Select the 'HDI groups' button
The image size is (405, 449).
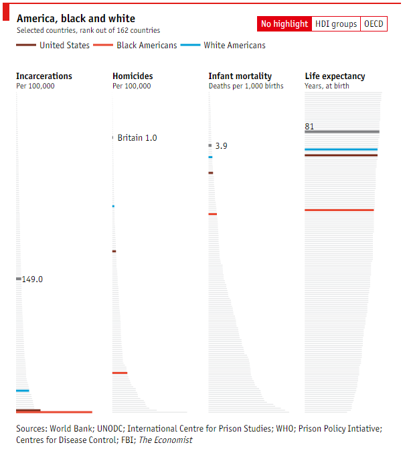(335, 24)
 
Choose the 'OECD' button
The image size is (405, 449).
(374, 24)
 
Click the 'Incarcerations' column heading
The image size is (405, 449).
(44, 76)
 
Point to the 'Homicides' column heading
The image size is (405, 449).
(133, 76)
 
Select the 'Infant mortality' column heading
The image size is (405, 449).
(240, 76)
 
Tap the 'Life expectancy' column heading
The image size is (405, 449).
(335, 76)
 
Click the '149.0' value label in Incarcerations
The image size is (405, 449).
(32, 279)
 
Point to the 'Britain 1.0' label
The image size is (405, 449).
(137, 138)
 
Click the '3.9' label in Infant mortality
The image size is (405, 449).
(221, 145)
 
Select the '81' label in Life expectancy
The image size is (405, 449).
(309, 127)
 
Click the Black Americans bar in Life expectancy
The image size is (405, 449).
(339, 210)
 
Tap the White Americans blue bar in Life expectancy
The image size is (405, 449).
(341, 149)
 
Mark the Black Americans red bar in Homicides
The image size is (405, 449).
(120, 373)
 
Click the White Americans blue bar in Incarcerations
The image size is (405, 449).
(23, 391)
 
